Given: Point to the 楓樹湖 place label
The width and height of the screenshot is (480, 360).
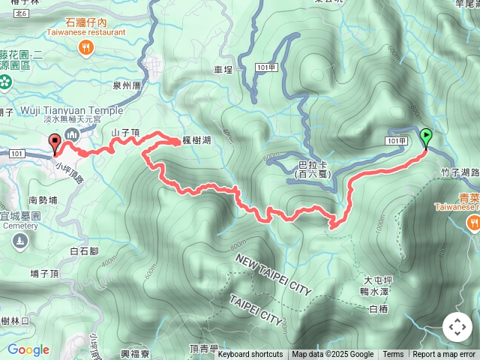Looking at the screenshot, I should [x=196, y=141].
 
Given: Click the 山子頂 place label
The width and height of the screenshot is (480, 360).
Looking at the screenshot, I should [x=125, y=132].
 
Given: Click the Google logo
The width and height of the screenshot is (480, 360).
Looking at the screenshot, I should [x=28, y=349].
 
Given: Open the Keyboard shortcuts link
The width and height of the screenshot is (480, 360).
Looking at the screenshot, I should [x=250, y=355].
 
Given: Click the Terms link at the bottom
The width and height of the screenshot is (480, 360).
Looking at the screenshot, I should [x=393, y=355].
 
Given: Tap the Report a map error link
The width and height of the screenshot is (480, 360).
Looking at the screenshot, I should [x=444, y=355].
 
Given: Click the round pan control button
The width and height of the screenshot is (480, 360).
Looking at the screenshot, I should [x=457, y=327].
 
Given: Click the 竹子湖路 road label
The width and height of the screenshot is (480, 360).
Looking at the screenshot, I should [x=459, y=172].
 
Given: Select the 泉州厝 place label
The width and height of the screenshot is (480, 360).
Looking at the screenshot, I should [x=127, y=85].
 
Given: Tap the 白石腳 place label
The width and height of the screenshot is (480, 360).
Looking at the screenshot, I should [x=83, y=251].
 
